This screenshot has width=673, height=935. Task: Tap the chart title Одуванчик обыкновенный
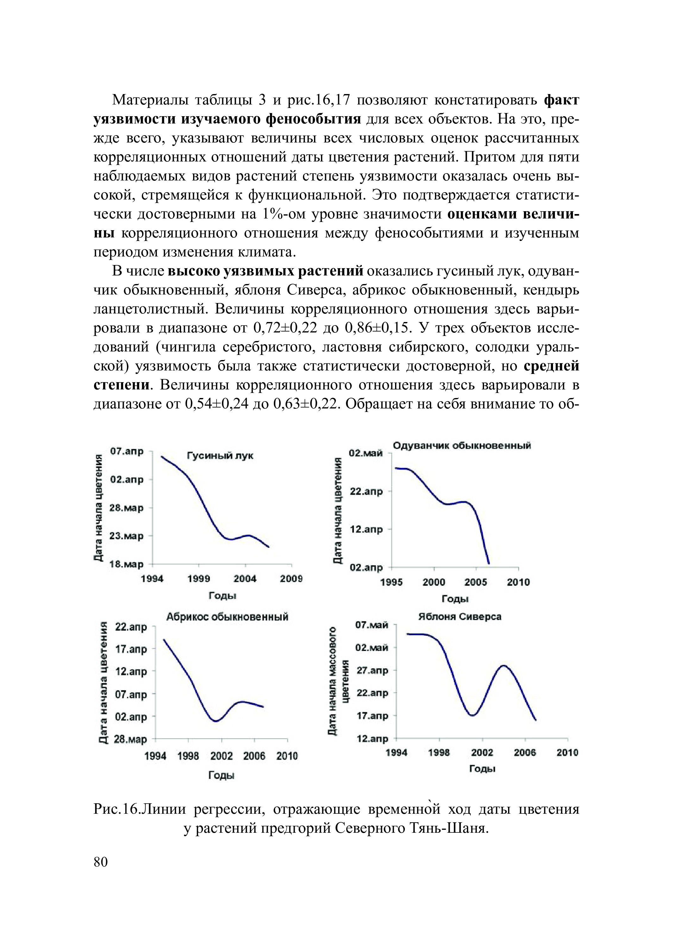462,445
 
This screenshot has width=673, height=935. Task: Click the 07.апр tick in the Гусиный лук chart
127,452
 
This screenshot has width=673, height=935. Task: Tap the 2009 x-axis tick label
291,579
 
